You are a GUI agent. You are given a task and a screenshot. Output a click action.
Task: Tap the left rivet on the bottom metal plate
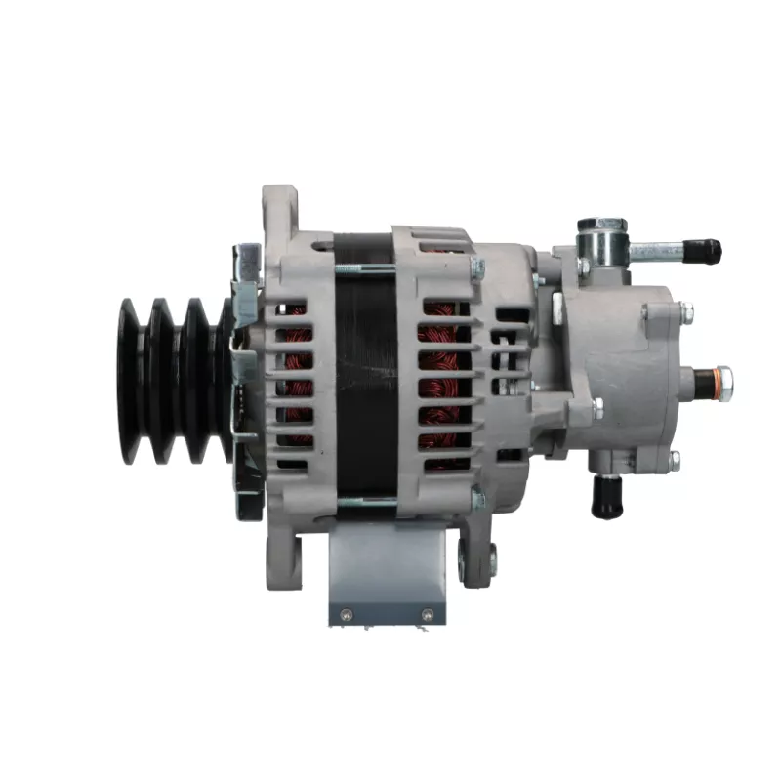[x=345, y=614]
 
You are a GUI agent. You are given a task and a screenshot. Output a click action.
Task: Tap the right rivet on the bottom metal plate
[x=426, y=614]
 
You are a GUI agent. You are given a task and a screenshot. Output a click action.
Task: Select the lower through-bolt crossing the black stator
[x=365, y=501]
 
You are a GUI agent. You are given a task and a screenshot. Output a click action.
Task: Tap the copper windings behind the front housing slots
[x=297, y=381]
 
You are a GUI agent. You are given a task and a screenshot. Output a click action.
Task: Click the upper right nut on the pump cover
[x=686, y=312]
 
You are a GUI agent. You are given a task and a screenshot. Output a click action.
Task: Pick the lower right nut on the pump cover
[x=674, y=459]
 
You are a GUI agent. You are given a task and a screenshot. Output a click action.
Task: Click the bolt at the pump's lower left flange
[x=596, y=408]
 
